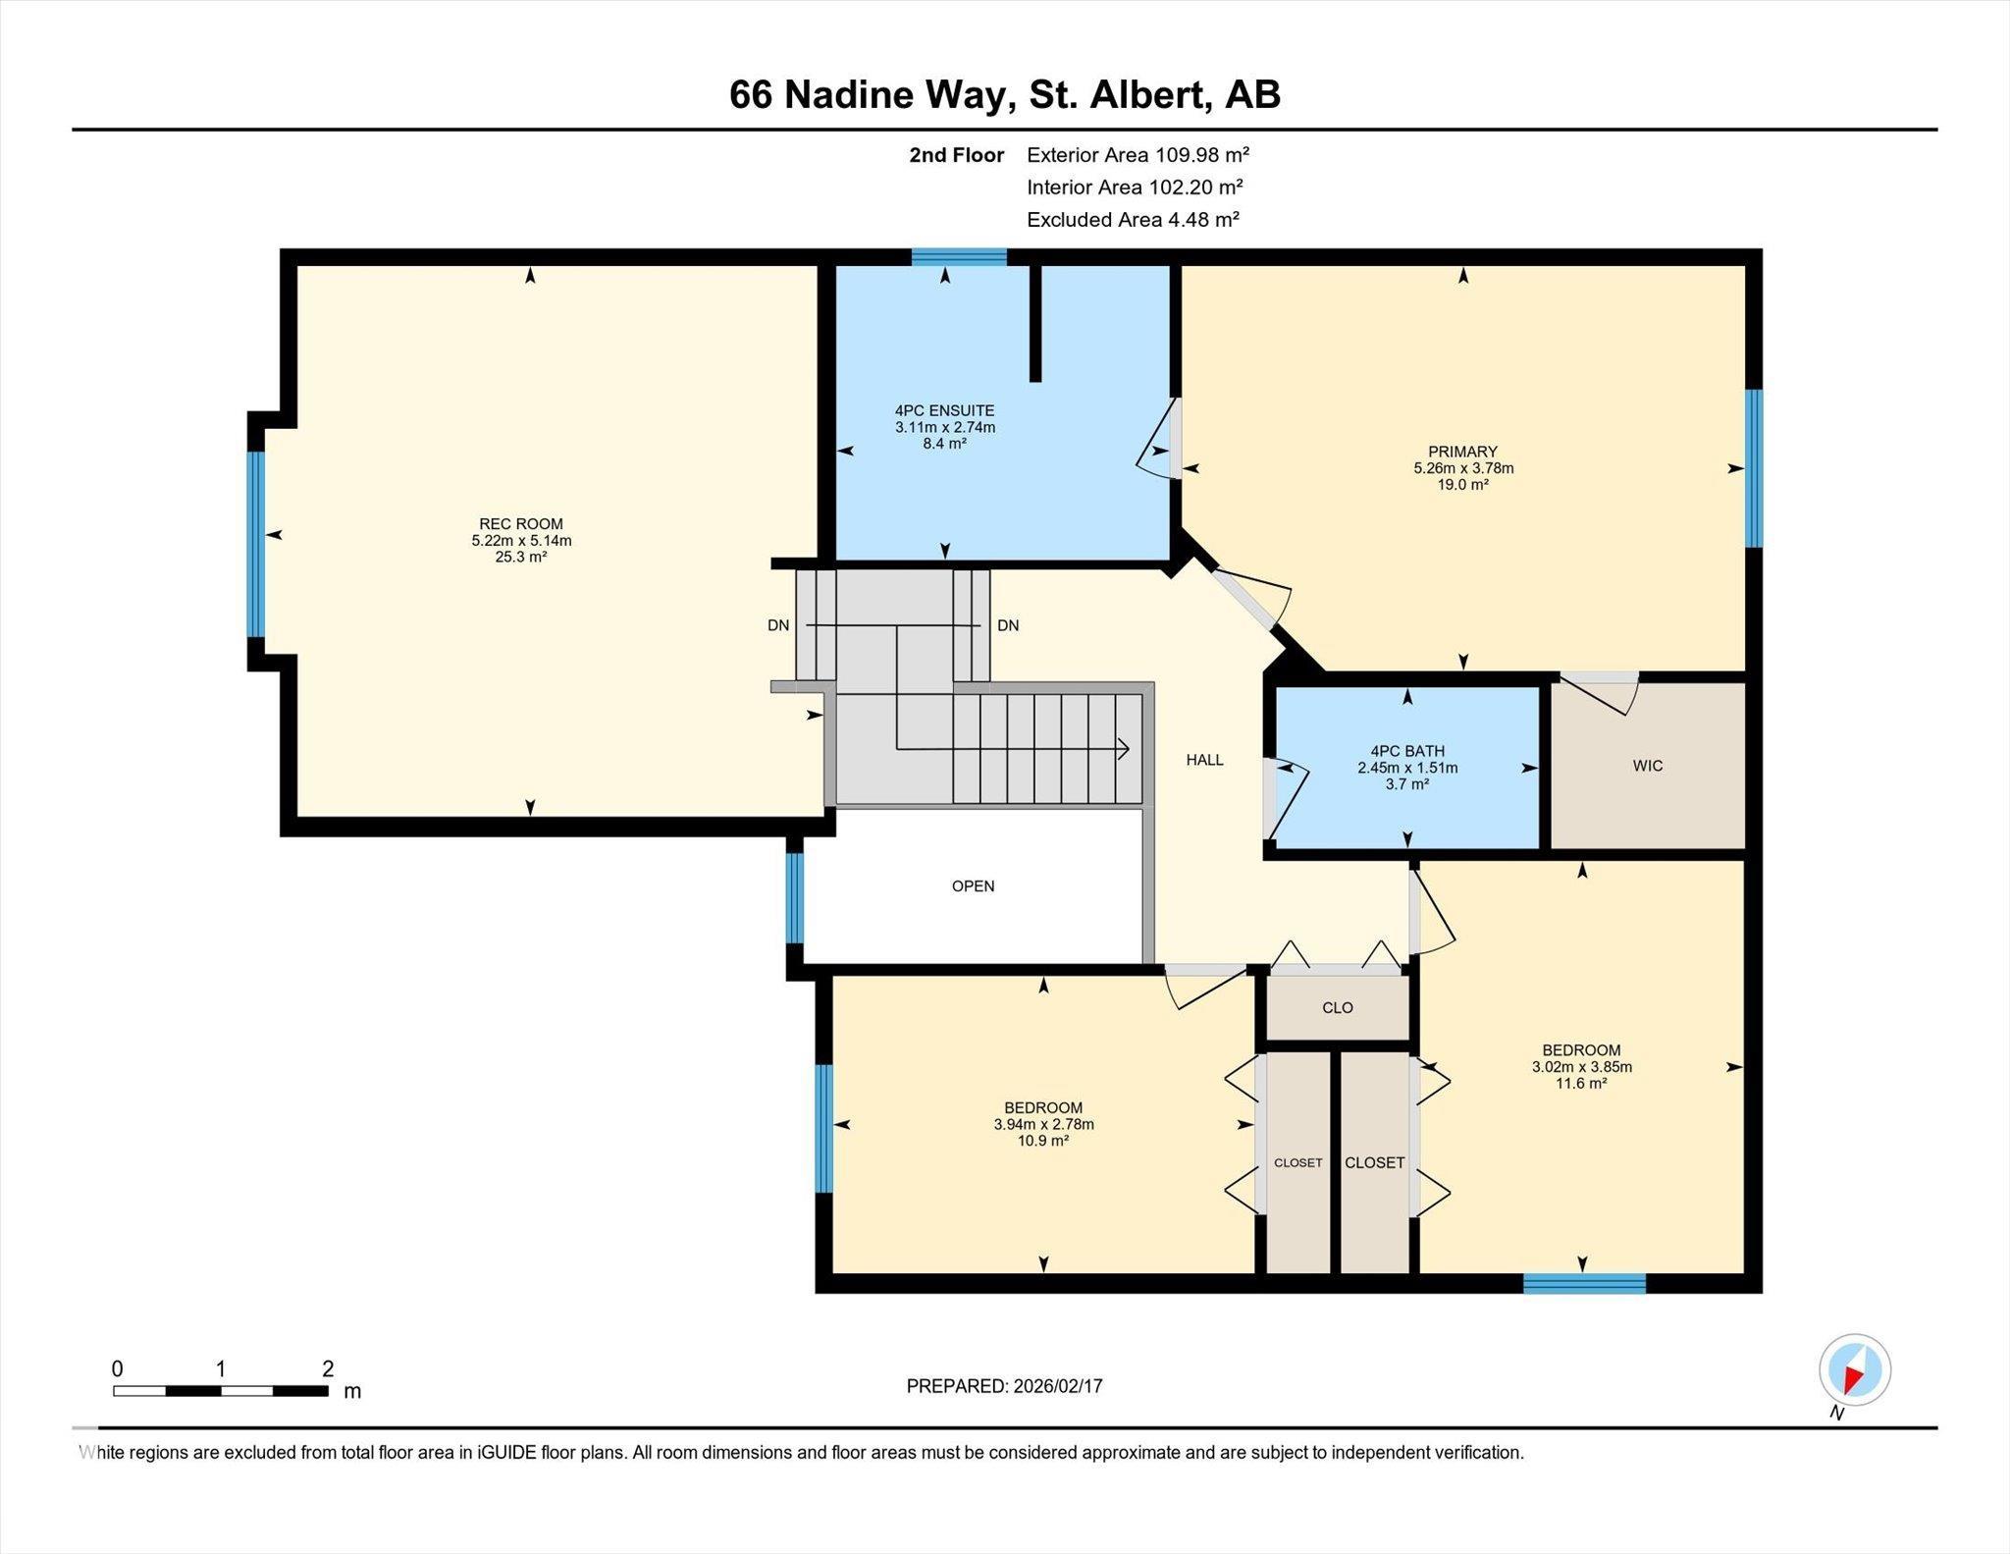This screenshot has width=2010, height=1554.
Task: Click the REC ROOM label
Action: click(x=520, y=524)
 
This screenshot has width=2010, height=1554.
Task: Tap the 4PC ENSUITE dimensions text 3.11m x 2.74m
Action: click(x=944, y=427)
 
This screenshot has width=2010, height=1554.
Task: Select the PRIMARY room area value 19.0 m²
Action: click(x=1462, y=485)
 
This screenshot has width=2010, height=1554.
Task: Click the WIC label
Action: click(x=1648, y=766)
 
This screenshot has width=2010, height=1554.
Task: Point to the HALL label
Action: click(x=1204, y=760)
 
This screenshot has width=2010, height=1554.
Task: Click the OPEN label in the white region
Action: click(x=973, y=886)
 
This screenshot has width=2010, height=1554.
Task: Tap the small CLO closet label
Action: click(x=1337, y=1008)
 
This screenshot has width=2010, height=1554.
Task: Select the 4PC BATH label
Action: click(x=1407, y=751)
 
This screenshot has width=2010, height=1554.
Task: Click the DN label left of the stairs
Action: click(x=778, y=625)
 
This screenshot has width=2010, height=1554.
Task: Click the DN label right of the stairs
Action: click(x=1008, y=625)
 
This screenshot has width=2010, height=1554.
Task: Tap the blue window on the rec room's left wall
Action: click(x=256, y=544)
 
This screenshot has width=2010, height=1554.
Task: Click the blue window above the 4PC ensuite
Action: click(x=959, y=257)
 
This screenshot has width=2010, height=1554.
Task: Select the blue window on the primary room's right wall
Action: click(x=1753, y=467)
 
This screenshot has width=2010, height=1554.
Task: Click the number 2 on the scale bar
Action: click(x=328, y=1368)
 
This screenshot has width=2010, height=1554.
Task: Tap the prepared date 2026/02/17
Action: click(x=1055, y=1386)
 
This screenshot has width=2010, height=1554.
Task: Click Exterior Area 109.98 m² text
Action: click(x=1137, y=155)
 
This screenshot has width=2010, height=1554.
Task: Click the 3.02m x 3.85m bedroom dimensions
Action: click(x=1581, y=1067)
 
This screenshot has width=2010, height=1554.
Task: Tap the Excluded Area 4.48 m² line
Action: click(x=1133, y=220)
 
